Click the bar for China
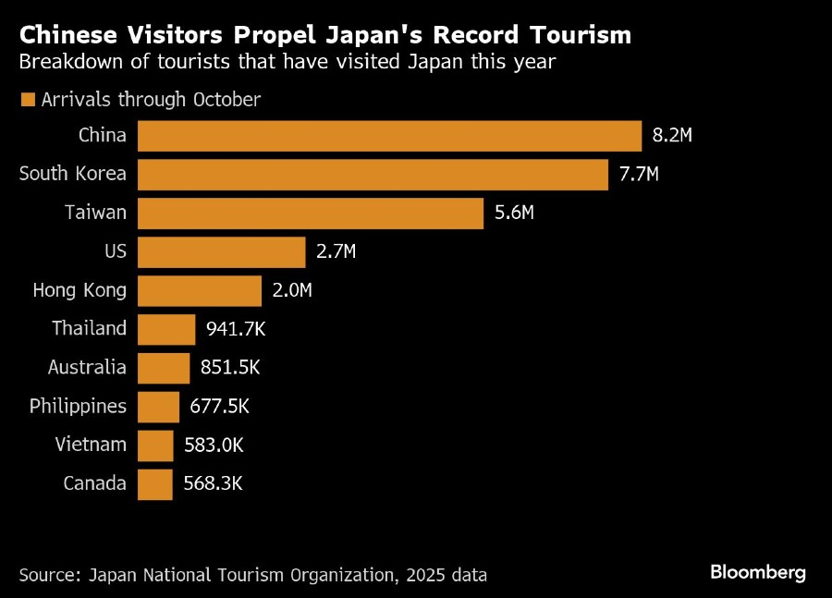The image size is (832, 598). pyautogui.click(x=389, y=136)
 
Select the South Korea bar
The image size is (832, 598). pyautogui.click(x=373, y=175)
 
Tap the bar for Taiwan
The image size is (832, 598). pyautogui.click(x=311, y=214)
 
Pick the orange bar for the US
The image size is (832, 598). pyautogui.click(x=221, y=251)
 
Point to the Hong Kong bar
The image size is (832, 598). pyautogui.click(x=200, y=290)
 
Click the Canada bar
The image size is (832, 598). pyautogui.click(x=155, y=483)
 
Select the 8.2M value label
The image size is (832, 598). pyautogui.click(x=672, y=136)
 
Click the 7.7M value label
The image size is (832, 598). pyautogui.click(x=639, y=175)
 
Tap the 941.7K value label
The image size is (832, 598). pyautogui.click(x=236, y=329)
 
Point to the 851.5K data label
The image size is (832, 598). pyautogui.click(x=230, y=368)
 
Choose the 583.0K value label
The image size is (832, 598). pyautogui.click(x=214, y=445)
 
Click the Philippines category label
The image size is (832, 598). pyautogui.click(x=78, y=406)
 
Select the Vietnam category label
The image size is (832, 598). pyautogui.click(x=90, y=445)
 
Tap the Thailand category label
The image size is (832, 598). pyautogui.click(x=89, y=329)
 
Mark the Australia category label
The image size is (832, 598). pyautogui.click(x=87, y=368)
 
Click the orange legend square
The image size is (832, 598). pyautogui.click(x=27, y=100)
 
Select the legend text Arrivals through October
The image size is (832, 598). pyautogui.click(x=151, y=100)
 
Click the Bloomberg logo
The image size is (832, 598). pyautogui.click(x=758, y=573)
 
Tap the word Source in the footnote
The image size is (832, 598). pyautogui.click(x=48, y=575)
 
